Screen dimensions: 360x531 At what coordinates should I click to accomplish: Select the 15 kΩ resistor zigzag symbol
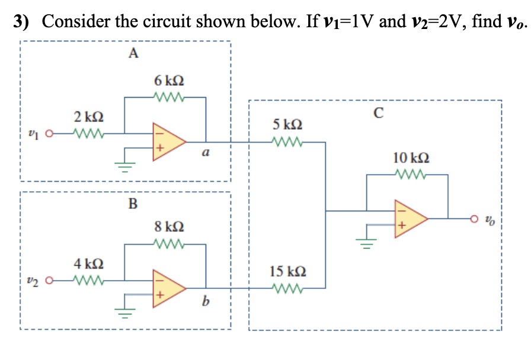pos(287,288)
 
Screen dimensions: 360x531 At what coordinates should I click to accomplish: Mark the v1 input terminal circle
pos(49,133)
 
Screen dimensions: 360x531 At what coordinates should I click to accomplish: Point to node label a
pos(205,153)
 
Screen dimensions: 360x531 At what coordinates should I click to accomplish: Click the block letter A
pos(133,54)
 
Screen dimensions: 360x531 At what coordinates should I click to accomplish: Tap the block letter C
pos(378,112)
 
